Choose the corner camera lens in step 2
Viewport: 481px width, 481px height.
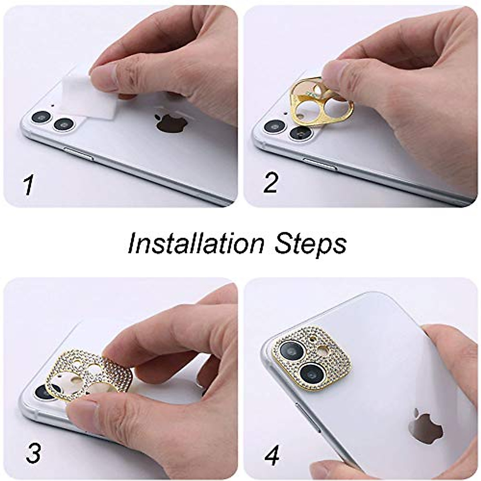(273, 126)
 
